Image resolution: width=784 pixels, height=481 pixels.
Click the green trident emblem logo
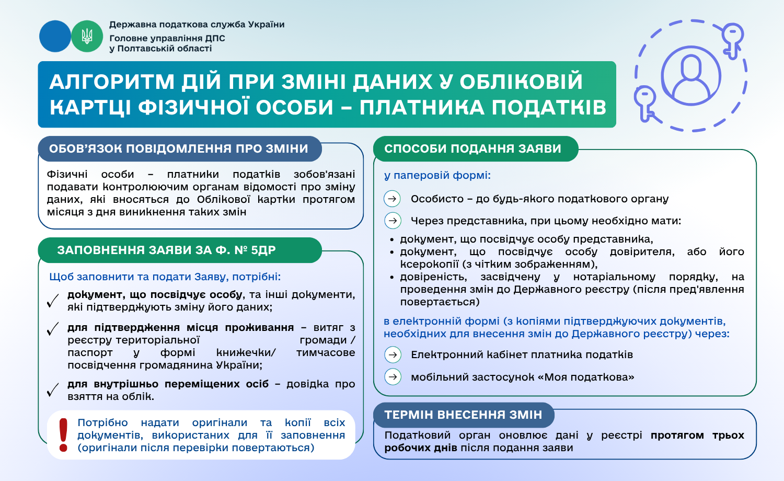pyautogui.click(x=87, y=36)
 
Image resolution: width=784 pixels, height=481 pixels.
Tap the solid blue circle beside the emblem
pyautogui.click(x=55, y=36)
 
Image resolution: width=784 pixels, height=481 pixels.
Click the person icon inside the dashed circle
pyautogui.click(x=690, y=76)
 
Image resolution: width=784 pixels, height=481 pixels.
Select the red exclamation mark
pyautogui.click(x=63, y=434)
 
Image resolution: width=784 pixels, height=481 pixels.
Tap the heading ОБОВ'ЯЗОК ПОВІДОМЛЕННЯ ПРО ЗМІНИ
pyautogui.click(x=179, y=148)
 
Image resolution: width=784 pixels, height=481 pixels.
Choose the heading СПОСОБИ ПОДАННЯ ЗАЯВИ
pyautogui.click(x=472, y=148)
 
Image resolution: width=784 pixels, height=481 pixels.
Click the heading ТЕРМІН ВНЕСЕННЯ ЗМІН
pyautogui.click(x=463, y=415)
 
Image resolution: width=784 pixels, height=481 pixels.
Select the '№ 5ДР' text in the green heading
pyautogui.click(x=255, y=250)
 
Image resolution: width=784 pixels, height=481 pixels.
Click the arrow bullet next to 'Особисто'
pyautogui.click(x=393, y=199)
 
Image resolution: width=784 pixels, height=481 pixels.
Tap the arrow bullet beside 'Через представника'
pyautogui.click(x=393, y=221)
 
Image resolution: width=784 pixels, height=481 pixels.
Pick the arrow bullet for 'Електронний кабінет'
pyautogui.click(x=393, y=355)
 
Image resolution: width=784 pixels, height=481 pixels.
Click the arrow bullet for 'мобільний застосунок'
pyautogui.click(x=393, y=377)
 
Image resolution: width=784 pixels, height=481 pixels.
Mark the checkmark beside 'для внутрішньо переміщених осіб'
pyautogui.click(x=53, y=390)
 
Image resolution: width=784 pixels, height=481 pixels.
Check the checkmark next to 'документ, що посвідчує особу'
pyautogui.click(x=53, y=301)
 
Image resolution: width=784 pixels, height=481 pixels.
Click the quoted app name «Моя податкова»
pyautogui.click(x=589, y=377)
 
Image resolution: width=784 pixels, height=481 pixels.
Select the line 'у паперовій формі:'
pyautogui.click(x=437, y=176)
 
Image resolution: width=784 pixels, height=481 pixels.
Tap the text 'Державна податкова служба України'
pyautogui.click(x=197, y=25)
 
